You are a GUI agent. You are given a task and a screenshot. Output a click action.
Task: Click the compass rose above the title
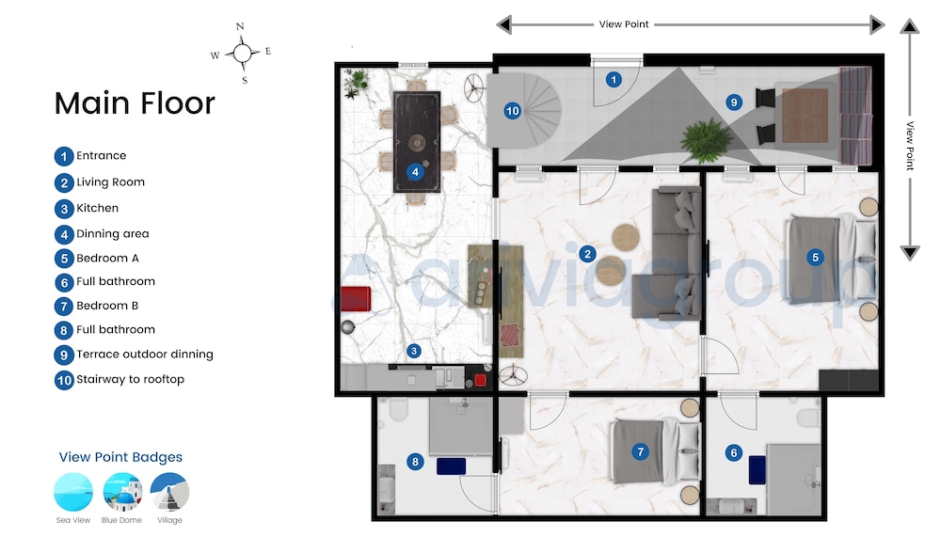coord(242,54)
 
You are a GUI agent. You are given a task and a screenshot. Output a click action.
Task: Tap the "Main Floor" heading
coord(135,103)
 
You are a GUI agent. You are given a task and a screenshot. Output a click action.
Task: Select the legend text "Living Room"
coord(110,182)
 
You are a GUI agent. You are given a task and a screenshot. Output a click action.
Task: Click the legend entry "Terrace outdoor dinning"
coord(145,354)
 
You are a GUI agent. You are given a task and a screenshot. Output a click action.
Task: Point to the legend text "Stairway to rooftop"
coord(130,379)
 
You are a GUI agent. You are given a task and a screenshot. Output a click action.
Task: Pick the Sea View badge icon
coord(73,492)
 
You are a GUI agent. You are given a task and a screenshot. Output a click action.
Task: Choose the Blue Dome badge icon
coord(121,492)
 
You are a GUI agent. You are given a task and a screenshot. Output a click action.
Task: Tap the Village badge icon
coord(169,492)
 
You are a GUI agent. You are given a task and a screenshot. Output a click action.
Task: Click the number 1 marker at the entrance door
coord(614,79)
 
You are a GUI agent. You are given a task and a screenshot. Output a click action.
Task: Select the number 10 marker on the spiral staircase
coord(512,110)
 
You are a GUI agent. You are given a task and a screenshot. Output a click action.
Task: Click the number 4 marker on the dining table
coord(415,172)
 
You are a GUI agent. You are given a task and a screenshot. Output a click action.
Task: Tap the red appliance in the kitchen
coord(356,299)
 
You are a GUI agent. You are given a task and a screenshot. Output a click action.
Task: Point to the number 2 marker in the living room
coord(587,254)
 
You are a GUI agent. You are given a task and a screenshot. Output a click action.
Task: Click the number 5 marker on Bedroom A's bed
coord(815,258)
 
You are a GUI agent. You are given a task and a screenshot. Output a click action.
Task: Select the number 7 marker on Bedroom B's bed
coord(640,451)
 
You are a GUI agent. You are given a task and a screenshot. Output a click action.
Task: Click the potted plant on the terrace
coord(707,141)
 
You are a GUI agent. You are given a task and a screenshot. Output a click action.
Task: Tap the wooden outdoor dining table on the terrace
coord(805,115)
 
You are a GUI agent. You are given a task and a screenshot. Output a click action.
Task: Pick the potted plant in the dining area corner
coord(357,83)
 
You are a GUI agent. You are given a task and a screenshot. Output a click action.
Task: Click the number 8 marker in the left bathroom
coord(415,462)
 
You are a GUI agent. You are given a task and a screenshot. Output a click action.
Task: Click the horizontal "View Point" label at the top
coord(624,24)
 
